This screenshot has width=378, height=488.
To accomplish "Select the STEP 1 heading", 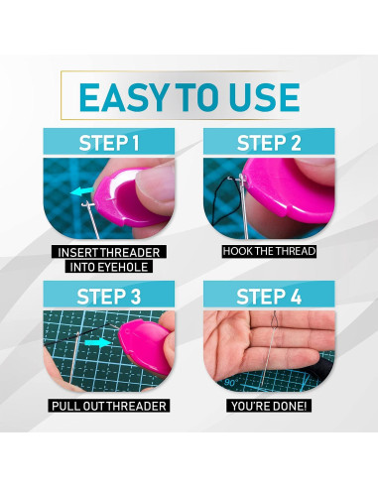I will pos(111,144).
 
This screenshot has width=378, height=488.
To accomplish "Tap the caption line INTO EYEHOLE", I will pos(110,267).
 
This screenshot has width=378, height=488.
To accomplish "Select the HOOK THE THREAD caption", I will pos(268,251).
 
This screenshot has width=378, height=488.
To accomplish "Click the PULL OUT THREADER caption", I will pos(110,405).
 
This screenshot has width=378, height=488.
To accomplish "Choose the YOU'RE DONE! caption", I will pos(268,405).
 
